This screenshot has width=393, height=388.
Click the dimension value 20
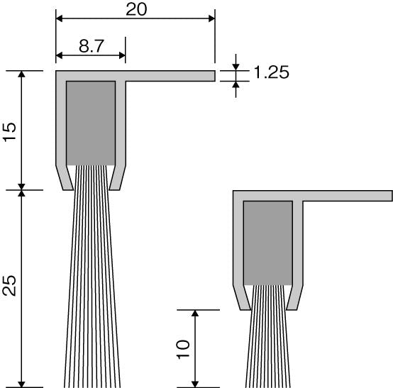point(136,10)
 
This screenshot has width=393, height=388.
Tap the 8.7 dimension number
point(92,46)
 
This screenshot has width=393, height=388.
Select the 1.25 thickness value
point(272,72)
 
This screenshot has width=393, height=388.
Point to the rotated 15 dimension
point(10,132)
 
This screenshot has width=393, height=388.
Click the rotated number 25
point(9,286)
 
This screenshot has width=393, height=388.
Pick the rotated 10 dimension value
point(183,350)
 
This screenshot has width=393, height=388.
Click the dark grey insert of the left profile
point(91,123)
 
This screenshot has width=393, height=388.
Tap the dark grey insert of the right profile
point(268,243)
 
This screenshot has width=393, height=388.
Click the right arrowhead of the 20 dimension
point(212,18)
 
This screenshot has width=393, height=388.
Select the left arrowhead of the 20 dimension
point(59,18)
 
